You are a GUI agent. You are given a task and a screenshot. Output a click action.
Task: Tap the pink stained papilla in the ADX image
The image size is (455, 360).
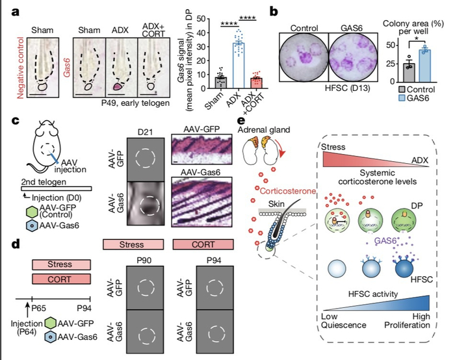pyautogui.click(x=120, y=85)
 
